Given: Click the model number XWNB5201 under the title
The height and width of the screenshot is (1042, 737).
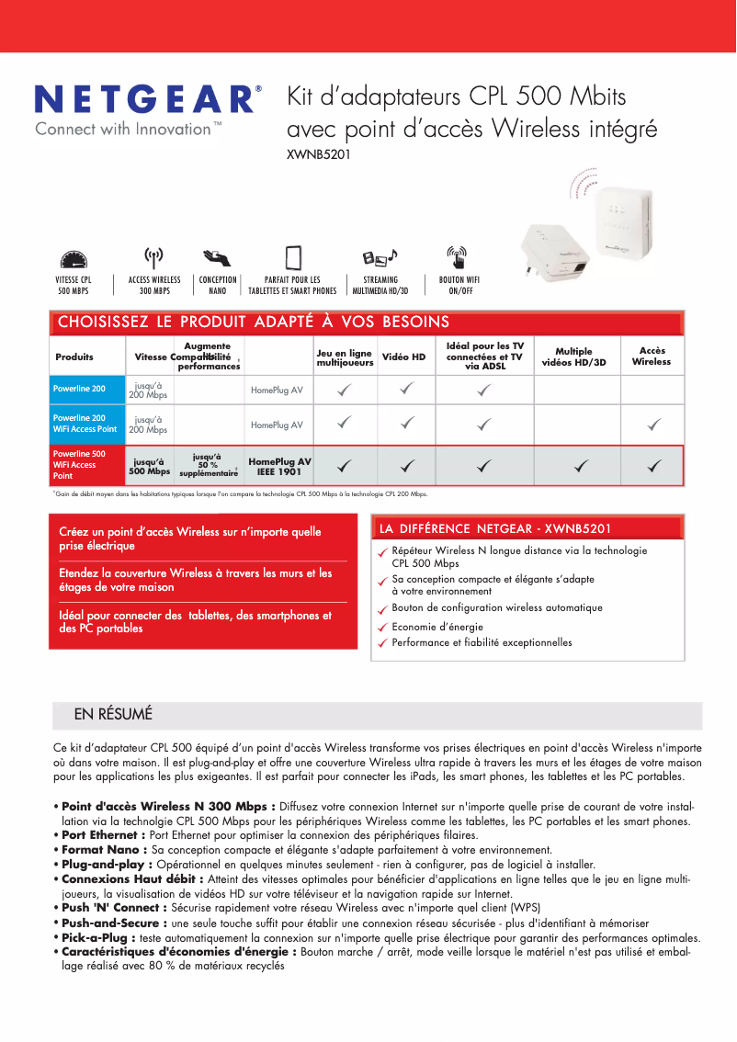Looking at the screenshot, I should point(319,154).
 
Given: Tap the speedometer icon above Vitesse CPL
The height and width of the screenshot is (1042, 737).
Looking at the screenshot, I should point(74,260).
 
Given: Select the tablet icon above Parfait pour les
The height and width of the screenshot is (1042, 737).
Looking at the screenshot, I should point(293,257).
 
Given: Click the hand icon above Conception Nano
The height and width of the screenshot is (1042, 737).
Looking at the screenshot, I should point(217,257).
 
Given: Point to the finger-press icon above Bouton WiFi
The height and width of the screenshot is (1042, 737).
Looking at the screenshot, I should point(457,257).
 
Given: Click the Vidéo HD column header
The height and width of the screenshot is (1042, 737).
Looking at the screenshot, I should point(404,357).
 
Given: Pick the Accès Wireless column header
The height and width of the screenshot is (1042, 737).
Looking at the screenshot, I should point(652,357).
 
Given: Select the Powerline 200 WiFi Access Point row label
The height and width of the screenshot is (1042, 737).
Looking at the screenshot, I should point(85,424).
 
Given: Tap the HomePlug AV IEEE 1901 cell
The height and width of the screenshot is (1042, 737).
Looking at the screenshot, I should point(279,467).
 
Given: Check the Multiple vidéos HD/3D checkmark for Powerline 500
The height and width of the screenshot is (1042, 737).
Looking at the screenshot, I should point(580,467).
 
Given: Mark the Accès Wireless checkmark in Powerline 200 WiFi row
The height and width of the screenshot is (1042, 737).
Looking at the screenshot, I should point(653,425).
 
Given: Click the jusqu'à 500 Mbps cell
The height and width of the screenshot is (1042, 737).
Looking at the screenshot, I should point(148,467).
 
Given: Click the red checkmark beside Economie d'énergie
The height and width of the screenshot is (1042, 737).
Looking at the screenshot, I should point(381,629).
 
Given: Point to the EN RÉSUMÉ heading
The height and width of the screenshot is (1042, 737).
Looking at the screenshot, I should point(113,714).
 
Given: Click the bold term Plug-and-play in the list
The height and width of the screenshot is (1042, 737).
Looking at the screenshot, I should point(103,865).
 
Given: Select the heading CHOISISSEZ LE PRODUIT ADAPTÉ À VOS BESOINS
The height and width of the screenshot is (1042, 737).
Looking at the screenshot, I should point(254,322).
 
